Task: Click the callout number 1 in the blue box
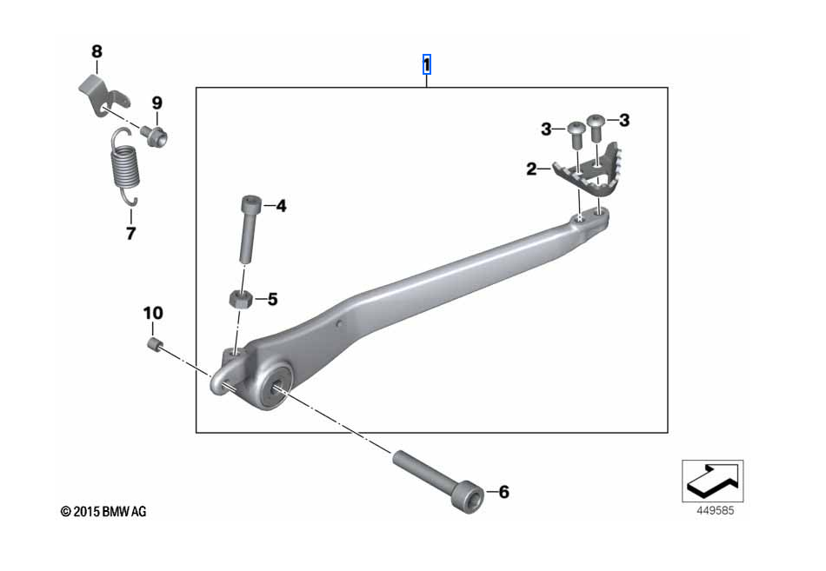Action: [427, 65]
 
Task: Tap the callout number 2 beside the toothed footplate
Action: [531, 169]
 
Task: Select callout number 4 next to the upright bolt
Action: [282, 206]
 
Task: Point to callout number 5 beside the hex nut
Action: [272, 299]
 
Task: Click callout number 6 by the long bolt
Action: [504, 492]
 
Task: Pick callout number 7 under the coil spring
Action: [131, 233]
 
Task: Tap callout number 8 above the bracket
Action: [97, 51]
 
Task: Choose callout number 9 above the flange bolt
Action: [157, 103]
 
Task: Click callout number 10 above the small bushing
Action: [153, 314]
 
